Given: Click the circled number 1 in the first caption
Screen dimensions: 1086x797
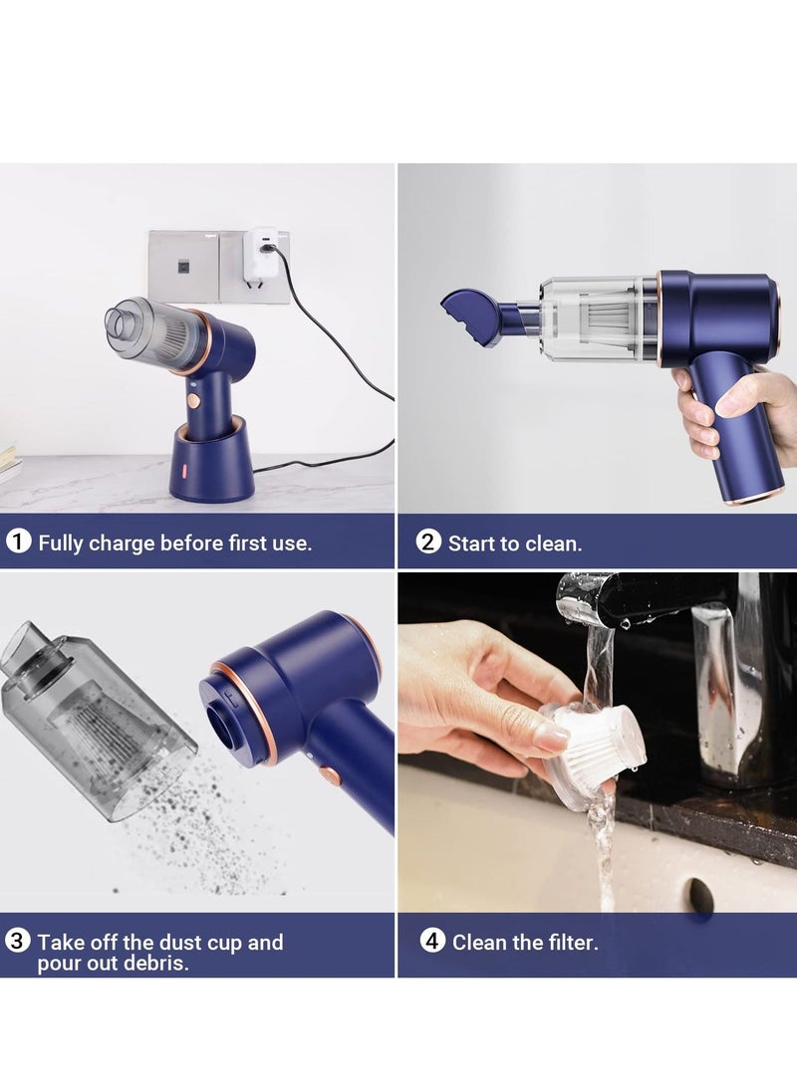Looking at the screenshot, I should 18,542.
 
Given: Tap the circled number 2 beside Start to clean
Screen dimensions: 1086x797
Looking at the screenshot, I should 428,543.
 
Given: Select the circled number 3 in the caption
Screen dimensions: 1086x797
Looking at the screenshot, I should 18,942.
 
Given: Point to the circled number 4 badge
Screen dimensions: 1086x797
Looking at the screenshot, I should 432,941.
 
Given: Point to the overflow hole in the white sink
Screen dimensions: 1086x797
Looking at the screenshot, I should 701,895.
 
